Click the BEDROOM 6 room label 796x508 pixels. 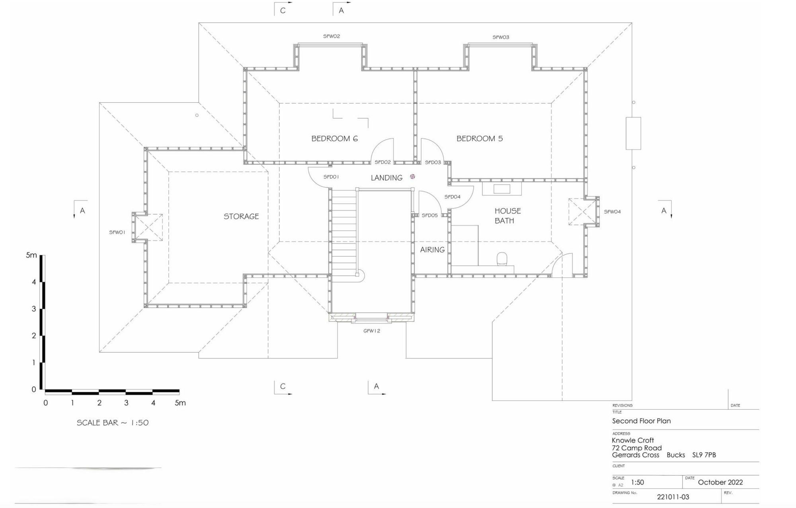(x=334, y=138)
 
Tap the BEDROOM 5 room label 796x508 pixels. (x=479, y=138)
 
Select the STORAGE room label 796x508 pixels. (x=241, y=216)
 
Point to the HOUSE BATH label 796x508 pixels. (x=507, y=216)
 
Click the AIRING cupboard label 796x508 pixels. (x=432, y=250)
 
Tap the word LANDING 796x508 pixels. (x=386, y=178)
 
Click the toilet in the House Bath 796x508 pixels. (x=502, y=259)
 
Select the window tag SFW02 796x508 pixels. (x=331, y=36)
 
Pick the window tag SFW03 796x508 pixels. (x=501, y=37)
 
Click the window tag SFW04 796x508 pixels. (x=612, y=212)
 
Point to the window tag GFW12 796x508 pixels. (x=372, y=331)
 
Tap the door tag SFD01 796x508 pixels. (x=331, y=177)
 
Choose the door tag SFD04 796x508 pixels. (x=452, y=197)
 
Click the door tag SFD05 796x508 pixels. (x=429, y=215)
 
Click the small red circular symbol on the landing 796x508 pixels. (x=412, y=177)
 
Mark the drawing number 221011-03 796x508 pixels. (x=673, y=497)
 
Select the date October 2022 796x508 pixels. (x=720, y=482)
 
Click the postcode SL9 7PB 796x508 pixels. (x=704, y=455)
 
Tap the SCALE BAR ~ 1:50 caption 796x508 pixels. (x=113, y=423)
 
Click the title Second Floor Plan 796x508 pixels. (x=641, y=421)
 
